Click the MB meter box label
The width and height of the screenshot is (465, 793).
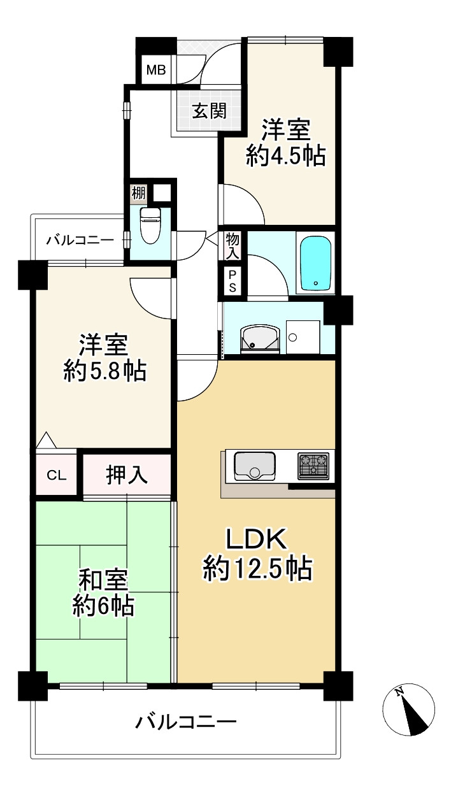(x=156, y=70)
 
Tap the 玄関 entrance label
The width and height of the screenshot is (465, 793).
(x=209, y=111)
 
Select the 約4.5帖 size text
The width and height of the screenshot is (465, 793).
(x=286, y=155)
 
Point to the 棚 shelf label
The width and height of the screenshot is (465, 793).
(x=138, y=192)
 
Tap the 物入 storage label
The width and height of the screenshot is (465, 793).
(x=232, y=245)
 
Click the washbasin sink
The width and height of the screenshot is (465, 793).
(x=259, y=338)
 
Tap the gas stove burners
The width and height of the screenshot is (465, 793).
(x=313, y=466)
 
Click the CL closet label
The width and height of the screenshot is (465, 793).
(x=56, y=475)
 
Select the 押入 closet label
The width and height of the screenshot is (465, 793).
(x=127, y=475)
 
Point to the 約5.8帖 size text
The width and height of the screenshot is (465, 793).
(x=104, y=370)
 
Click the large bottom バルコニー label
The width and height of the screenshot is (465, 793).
(x=186, y=722)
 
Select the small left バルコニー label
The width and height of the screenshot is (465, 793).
(x=80, y=240)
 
